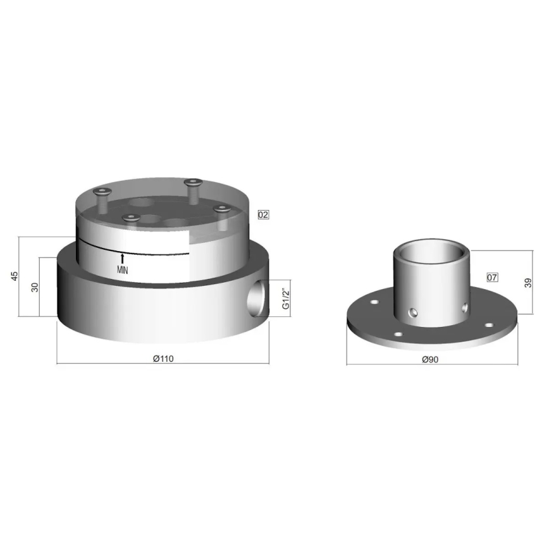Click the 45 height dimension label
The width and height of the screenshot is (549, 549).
15,276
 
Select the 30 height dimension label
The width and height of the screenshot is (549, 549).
35,287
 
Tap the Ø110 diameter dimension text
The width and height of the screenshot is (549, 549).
163,359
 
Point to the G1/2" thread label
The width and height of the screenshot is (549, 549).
285,298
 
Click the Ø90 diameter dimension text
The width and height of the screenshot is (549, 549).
430,359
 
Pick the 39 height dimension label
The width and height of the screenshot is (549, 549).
529,283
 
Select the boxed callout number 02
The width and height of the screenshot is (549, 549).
263,215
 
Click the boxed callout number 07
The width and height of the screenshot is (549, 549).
492,277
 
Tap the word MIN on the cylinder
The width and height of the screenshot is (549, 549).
123,269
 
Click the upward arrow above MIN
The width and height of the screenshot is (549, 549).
123,258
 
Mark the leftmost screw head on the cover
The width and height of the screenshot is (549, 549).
101,191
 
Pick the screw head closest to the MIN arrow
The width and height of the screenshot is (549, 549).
130,218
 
